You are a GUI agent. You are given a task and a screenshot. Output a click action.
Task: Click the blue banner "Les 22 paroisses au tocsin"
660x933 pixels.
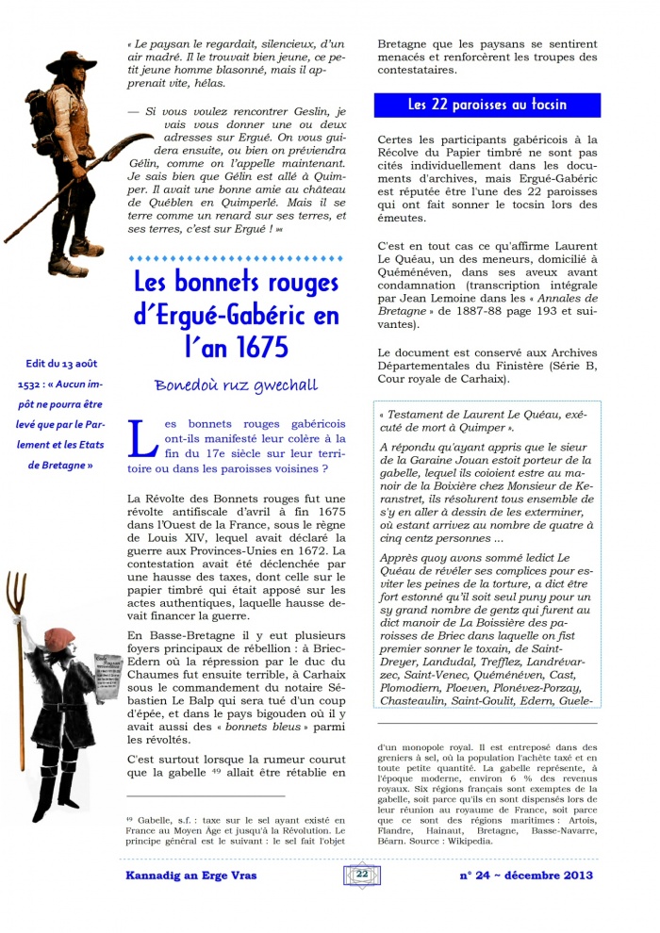[x=487, y=105]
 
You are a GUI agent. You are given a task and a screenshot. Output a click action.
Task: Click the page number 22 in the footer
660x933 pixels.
[x=362, y=875]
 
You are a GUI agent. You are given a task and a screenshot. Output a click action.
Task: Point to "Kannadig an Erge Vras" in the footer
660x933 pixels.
[x=192, y=876]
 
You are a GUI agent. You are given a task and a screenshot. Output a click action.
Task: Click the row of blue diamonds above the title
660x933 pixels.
[x=236, y=257]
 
